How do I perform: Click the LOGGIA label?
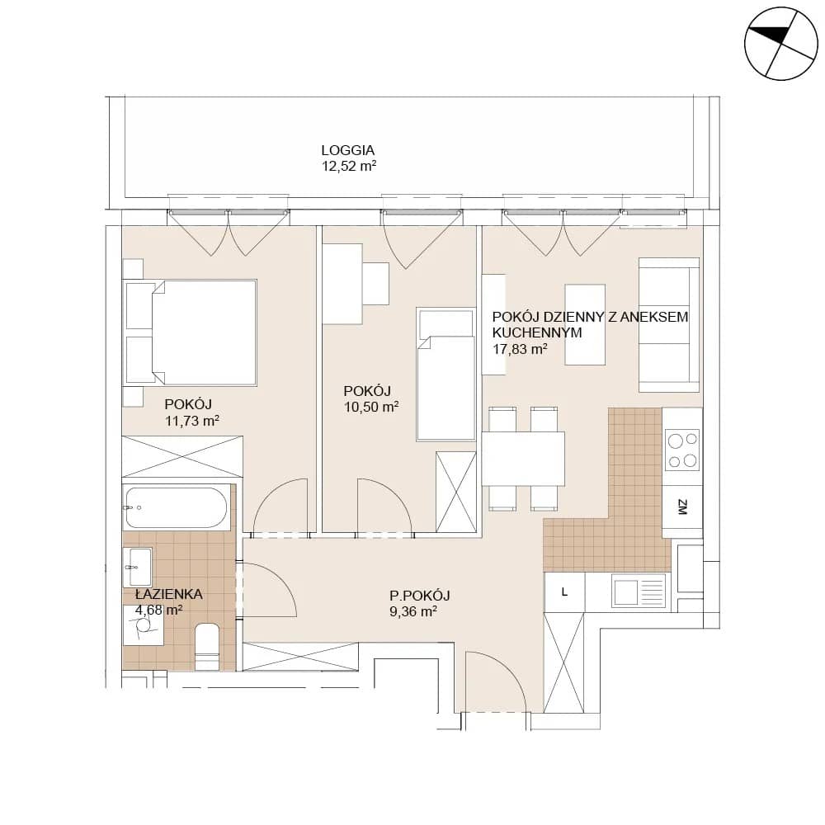click(x=348, y=150)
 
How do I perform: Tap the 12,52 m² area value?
click(x=349, y=167)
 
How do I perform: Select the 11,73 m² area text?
click(x=192, y=421)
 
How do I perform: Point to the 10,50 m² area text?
click(x=371, y=408)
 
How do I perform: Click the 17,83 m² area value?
click(x=520, y=349)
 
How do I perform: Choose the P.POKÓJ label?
click(x=419, y=596)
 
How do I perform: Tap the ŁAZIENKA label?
click(x=168, y=594)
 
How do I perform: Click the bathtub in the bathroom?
click(x=177, y=507)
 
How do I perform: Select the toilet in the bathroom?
click(x=207, y=647)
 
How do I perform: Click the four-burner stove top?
click(x=682, y=450)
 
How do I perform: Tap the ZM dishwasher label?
click(x=682, y=507)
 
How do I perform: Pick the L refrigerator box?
click(x=564, y=592)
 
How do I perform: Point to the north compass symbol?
click(x=781, y=44)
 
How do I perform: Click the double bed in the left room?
click(x=190, y=333)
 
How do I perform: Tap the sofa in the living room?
click(x=669, y=324)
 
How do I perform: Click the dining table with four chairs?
click(x=523, y=459)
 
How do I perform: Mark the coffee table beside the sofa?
click(x=585, y=324)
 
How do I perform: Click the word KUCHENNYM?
click(x=537, y=333)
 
